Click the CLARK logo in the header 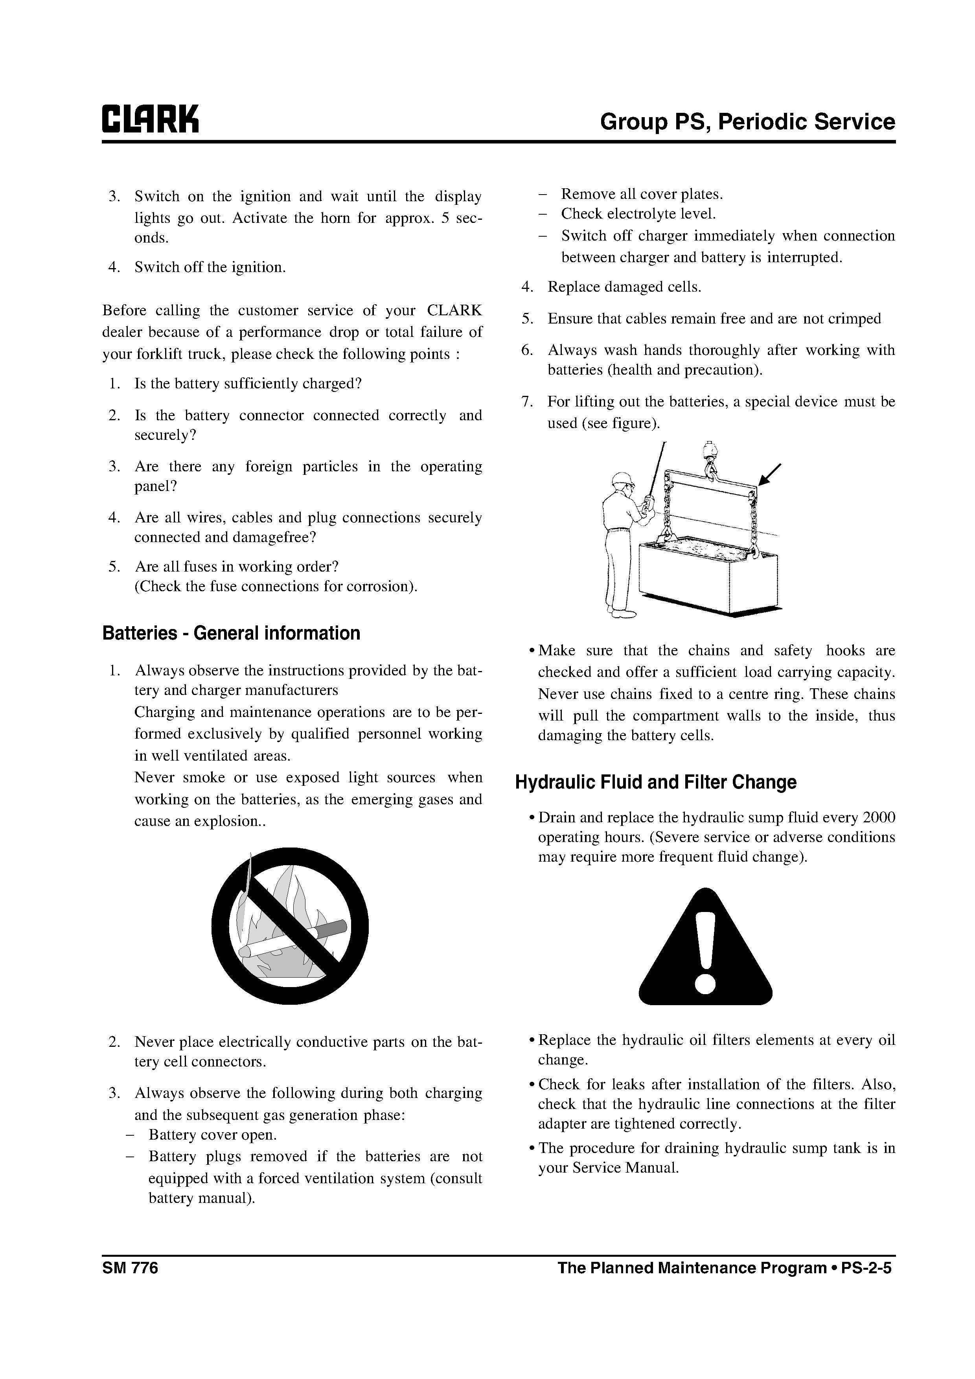[x=150, y=120]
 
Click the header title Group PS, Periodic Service [x=747, y=122]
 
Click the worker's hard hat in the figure [x=623, y=479]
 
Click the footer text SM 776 [x=130, y=1268]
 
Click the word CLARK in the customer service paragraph [x=454, y=311]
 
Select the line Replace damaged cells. [x=624, y=287]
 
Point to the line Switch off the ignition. [x=210, y=267]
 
